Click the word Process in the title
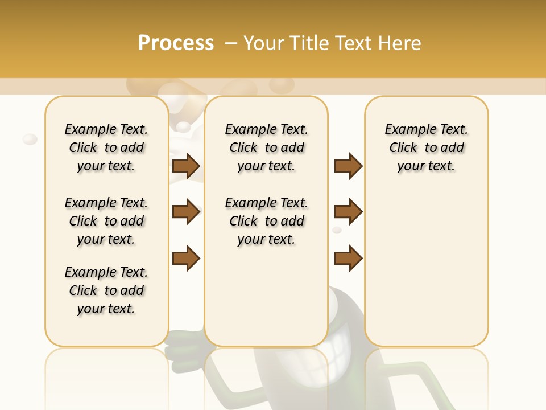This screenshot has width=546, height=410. coord(176,43)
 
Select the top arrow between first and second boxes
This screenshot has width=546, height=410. coord(186,166)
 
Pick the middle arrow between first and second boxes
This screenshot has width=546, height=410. coord(186,212)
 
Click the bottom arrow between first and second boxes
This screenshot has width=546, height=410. coord(186,258)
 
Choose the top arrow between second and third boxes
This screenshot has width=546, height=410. coord(348,166)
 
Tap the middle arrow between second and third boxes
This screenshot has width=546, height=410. coord(348,212)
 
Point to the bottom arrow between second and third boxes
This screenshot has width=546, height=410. coord(348,258)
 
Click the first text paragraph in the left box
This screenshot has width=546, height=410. coord(106,147)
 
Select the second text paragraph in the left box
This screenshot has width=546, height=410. coord(106,221)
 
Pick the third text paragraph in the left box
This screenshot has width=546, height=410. coord(106,290)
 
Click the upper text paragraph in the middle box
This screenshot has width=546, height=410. coord(266,147)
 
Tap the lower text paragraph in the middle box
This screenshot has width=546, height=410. coord(266,221)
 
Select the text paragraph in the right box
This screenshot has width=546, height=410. coord(427,147)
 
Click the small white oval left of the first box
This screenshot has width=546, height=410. coord(30,139)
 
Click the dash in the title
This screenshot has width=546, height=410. coord(231,43)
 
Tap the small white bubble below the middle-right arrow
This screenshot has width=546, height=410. coord(337,230)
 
